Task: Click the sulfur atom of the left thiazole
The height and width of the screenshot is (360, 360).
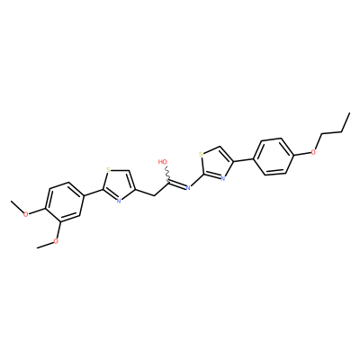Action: point(109,172)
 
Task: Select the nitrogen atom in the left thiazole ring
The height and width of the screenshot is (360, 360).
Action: point(119,201)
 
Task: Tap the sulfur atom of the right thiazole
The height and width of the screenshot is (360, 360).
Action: point(202,155)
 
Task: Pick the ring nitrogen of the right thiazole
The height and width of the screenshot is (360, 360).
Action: point(222,178)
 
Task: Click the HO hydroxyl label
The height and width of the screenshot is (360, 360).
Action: point(163,162)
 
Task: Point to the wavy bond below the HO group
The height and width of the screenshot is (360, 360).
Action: point(167,174)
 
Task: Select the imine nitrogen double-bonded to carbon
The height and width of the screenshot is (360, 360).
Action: point(188,188)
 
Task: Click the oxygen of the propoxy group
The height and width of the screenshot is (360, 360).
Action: point(313,152)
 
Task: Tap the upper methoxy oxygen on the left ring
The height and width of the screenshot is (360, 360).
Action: point(26,214)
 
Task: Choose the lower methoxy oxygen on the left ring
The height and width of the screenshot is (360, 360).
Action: point(55,241)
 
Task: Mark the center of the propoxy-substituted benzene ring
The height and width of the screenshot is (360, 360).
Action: point(274,157)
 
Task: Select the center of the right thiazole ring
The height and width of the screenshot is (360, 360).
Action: point(216,164)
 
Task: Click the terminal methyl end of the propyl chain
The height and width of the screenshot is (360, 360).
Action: point(350,113)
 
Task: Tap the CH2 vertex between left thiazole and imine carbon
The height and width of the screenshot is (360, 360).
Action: point(154,196)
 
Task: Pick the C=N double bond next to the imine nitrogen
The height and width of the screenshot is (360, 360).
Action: point(177,184)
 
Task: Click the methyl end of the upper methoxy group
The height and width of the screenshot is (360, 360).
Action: point(11,202)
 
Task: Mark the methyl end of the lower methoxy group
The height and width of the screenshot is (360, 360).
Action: point(37,247)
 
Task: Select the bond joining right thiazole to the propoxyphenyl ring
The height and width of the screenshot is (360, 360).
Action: point(244,160)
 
